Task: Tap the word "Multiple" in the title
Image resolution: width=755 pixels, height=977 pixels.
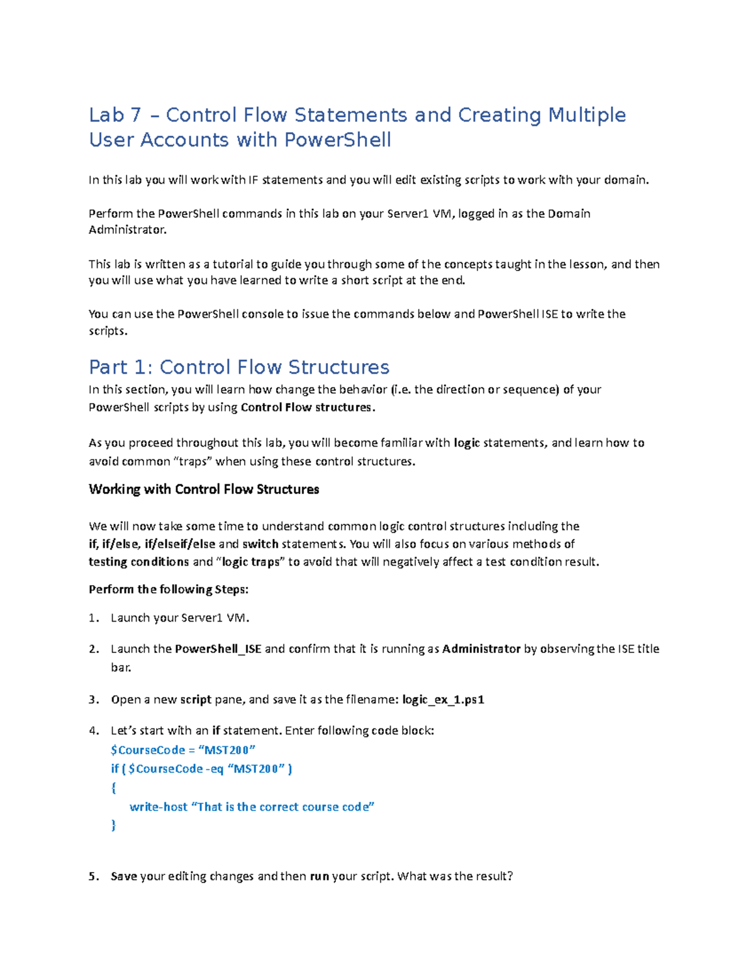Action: pyautogui.click(x=586, y=115)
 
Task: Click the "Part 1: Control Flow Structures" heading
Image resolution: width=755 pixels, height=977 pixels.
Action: pyautogui.click(x=239, y=367)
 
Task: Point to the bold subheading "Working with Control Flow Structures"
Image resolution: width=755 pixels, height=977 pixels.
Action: pyautogui.click(x=204, y=489)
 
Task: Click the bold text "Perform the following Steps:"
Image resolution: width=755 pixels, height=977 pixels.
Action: pyautogui.click(x=169, y=589)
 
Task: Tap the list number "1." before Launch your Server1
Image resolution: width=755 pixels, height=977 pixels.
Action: pyautogui.click(x=94, y=618)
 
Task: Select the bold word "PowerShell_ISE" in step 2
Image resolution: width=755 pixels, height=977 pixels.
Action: pyautogui.click(x=218, y=649)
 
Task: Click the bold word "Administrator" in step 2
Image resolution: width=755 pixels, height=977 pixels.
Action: pyautogui.click(x=481, y=649)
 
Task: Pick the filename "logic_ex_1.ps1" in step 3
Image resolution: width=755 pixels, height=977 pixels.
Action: pyautogui.click(x=443, y=700)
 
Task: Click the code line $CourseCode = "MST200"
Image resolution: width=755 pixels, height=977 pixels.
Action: pyautogui.click(x=183, y=750)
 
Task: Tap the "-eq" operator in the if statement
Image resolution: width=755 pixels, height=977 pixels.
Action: pyautogui.click(x=215, y=769)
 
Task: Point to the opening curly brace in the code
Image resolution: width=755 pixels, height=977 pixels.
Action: pyautogui.click(x=113, y=788)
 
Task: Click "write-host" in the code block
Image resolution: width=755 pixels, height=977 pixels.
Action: pyautogui.click(x=159, y=807)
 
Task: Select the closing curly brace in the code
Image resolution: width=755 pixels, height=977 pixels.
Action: pyautogui.click(x=113, y=825)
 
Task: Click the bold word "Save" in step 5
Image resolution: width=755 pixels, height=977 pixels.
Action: pyautogui.click(x=124, y=876)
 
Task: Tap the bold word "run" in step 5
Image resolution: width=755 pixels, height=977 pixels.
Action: pyautogui.click(x=320, y=876)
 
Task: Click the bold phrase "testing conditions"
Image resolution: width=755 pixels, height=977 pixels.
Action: pyautogui.click(x=138, y=562)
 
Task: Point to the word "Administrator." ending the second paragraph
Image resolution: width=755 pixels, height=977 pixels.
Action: pyautogui.click(x=128, y=230)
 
